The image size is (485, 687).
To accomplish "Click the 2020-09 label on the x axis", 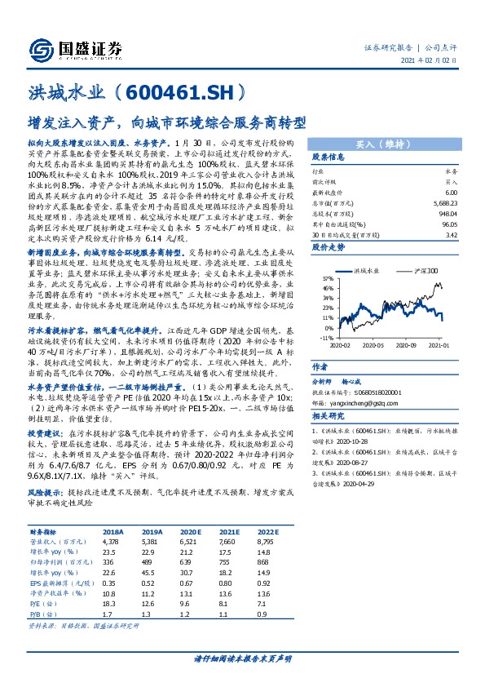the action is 405,345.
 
